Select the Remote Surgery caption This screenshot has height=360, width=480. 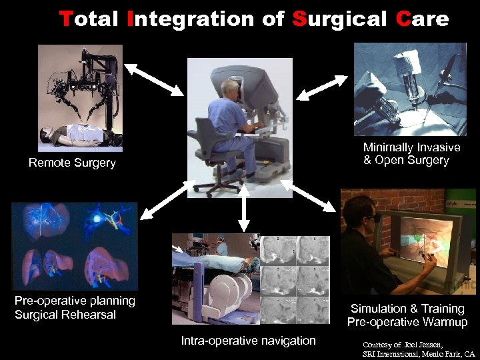(x=72, y=163)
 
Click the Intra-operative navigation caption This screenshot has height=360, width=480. (x=248, y=341)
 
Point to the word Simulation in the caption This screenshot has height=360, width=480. (x=379, y=309)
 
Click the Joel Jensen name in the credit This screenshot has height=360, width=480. (x=427, y=345)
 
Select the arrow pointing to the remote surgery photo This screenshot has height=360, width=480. (x=153, y=79)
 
